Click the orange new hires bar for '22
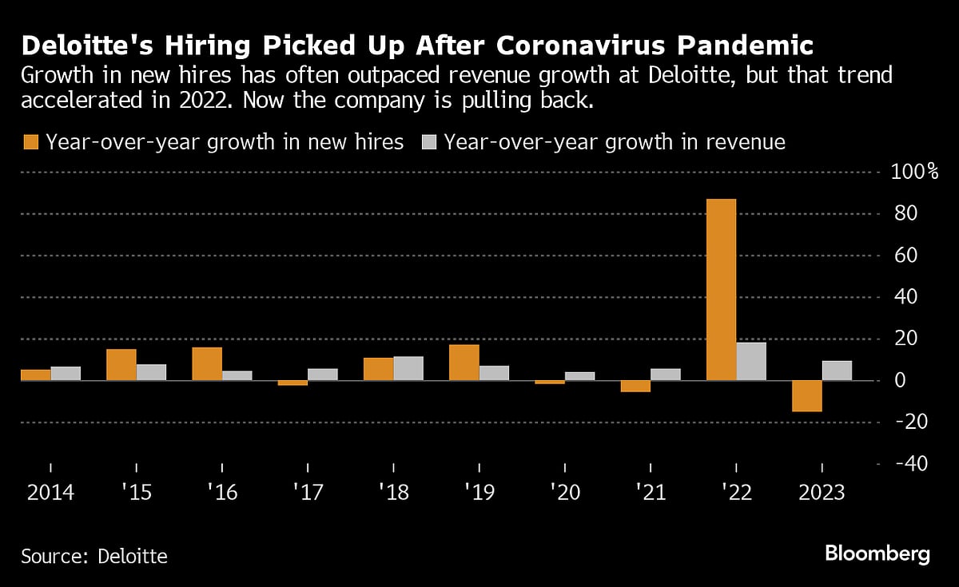[x=721, y=289]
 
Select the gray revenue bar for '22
[x=751, y=362]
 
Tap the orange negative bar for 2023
[x=807, y=396]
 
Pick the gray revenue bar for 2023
[x=837, y=371]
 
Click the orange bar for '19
[x=464, y=363]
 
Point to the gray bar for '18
[x=408, y=368]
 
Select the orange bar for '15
[x=121, y=365]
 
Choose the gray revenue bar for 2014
[x=66, y=373]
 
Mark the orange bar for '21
[x=635, y=387]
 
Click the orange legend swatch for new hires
[x=30, y=142]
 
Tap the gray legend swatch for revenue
[x=428, y=142]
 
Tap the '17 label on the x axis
[x=308, y=492]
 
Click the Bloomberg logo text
[x=877, y=554]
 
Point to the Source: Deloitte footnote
[x=94, y=556]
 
